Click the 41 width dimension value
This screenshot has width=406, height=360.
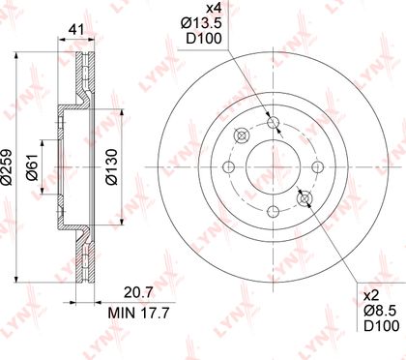pyautogui.click(x=76, y=30)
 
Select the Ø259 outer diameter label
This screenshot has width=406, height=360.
pyautogui.click(x=7, y=167)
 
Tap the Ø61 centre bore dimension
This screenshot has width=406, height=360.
pyautogui.click(x=33, y=166)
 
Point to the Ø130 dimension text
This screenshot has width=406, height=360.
pyautogui.click(x=112, y=166)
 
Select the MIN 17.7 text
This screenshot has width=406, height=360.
pyautogui.click(x=138, y=313)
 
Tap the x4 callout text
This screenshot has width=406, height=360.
pyautogui.click(x=214, y=8)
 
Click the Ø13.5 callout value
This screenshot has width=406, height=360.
pyautogui.click(x=201, y=23)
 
